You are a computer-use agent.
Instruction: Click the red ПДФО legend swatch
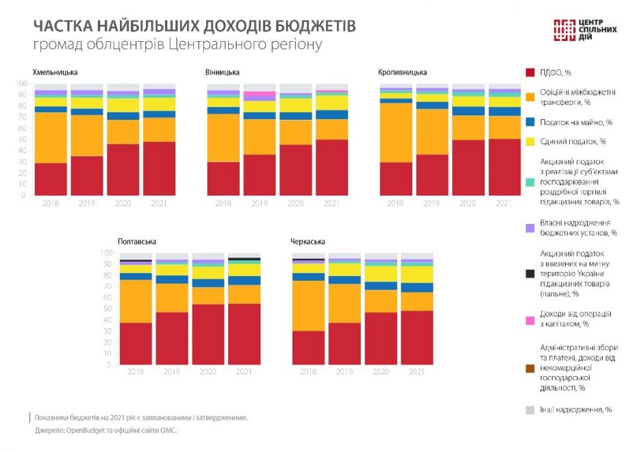(529, 72)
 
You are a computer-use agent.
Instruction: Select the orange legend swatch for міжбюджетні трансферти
(529, 97)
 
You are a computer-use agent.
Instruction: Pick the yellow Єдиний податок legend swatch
(529, 141)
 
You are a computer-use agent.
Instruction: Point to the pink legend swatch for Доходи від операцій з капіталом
(529, 319)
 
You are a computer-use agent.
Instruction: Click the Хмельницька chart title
(55, 72)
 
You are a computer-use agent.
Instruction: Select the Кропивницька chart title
(403, 72)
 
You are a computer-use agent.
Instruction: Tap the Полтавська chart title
(137, 242)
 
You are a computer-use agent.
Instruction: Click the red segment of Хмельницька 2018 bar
(51, 179)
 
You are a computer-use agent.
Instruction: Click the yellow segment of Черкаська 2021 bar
(416, 275)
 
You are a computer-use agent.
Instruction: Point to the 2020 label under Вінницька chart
(295, 203)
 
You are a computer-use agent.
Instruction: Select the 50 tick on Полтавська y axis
(105, 309)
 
